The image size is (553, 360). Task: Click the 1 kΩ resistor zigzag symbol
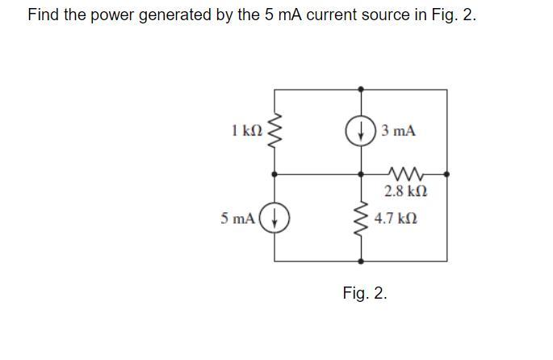275,131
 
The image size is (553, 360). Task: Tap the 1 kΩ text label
245,130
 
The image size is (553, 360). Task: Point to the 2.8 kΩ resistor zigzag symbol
404,173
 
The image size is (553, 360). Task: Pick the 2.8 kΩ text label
405,192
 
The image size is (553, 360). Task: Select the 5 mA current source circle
275,218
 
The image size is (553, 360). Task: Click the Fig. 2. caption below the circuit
365,293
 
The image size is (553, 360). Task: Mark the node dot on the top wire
360,88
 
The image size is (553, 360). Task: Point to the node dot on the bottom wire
360,262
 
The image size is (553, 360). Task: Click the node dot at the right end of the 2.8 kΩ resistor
446,174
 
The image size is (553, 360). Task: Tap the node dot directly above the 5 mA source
275,174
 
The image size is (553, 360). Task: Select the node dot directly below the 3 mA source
360,174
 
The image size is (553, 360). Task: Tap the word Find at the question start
43,15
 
